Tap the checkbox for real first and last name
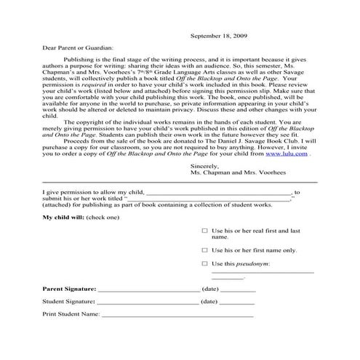(204, 230)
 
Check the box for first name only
(204, 249)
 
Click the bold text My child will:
(63, 217)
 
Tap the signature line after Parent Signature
(148, 290)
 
